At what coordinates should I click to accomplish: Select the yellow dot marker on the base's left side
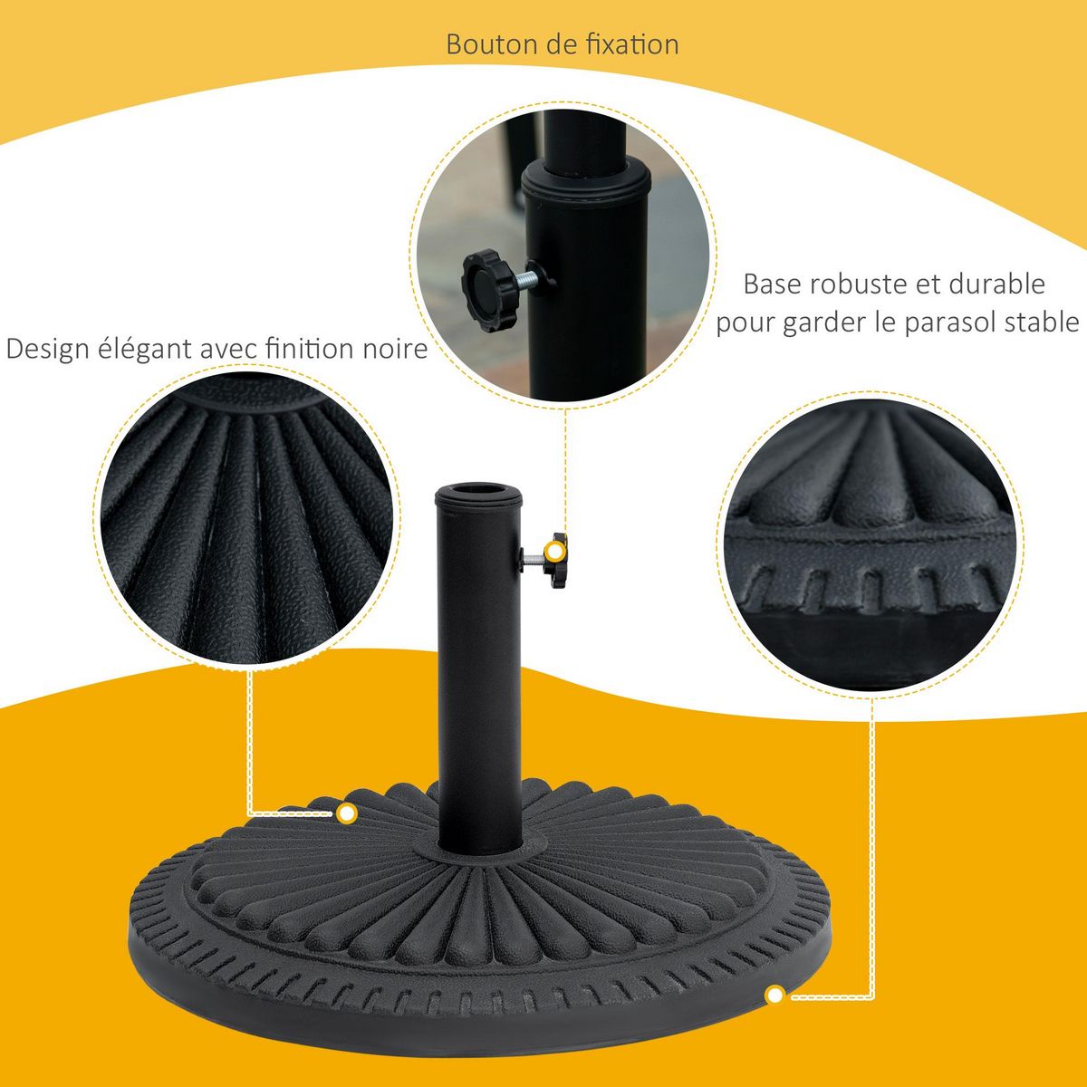(x=346, y=813)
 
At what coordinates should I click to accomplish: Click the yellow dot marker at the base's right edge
(x=774, y=996)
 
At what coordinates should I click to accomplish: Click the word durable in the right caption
(x=996, y=284)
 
